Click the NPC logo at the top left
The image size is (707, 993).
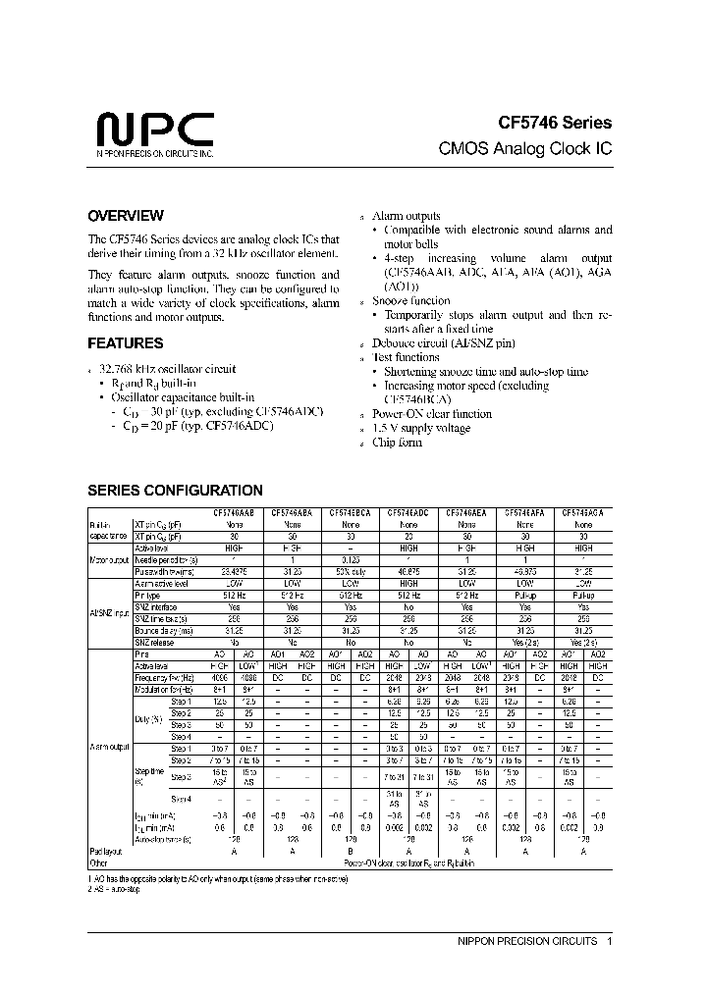pos(154,131)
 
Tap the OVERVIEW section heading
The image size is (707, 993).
pos(126,216)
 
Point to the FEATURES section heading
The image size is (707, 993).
pos(126,344)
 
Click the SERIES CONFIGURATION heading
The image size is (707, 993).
pos(175,491)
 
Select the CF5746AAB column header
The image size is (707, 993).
pos(233,513)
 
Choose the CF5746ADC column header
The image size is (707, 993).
pos(408,513)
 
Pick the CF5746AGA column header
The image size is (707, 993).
pos(583,513)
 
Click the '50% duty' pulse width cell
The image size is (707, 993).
pos(350,571)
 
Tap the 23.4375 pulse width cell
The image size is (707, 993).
pos(233,571)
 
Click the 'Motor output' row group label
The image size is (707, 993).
pos(109,559)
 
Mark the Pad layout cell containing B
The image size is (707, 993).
pos(350,853)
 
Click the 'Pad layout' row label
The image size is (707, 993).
pos(107,853)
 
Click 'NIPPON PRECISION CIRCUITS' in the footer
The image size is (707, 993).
pos(527,941)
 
